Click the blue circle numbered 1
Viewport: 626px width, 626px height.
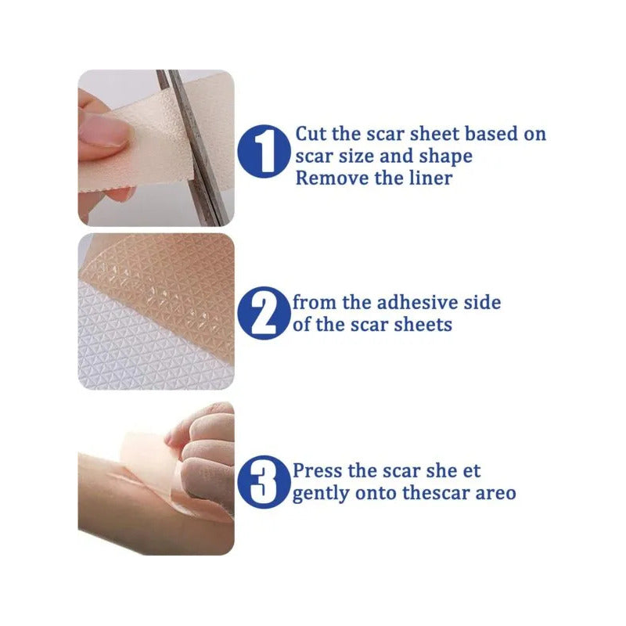264,151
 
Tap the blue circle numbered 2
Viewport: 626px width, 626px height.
264,313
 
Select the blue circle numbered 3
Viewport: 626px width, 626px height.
264,482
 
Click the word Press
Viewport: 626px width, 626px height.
318,471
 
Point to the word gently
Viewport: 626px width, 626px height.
321,495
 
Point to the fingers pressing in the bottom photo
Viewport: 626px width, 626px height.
203,452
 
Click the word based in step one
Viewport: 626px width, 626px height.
491,134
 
